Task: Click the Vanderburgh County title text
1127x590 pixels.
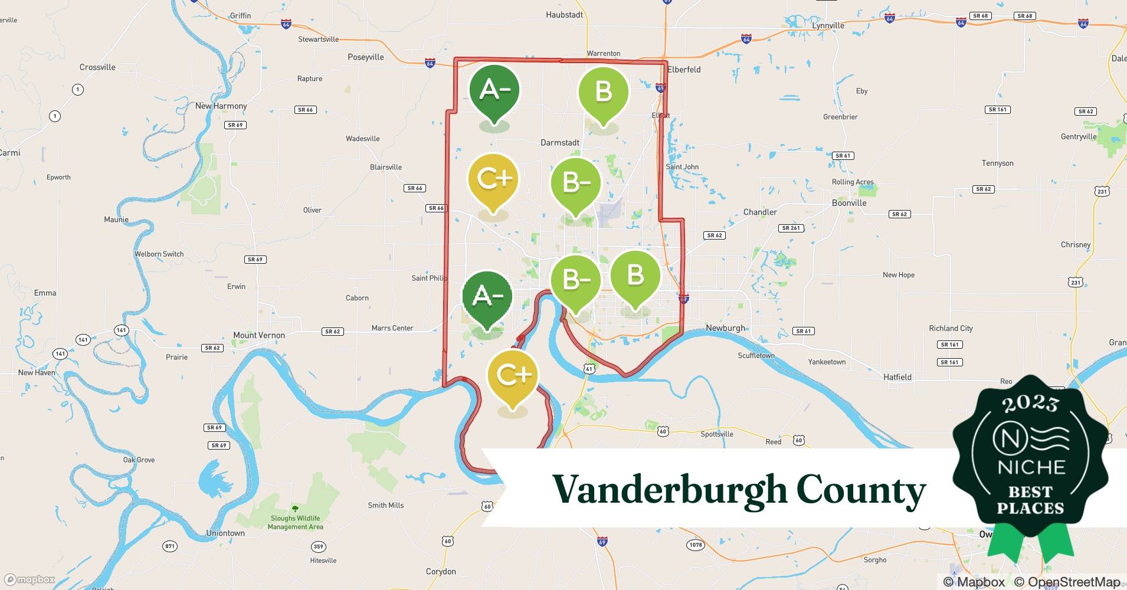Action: tap(739, 490)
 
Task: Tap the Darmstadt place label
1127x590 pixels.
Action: tap(560, 143)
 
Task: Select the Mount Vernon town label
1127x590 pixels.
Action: tap(259, 335)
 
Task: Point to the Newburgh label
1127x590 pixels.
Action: tap(726, 328)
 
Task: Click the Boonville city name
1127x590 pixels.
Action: tap(849, 203)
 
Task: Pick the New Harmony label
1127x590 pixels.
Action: tap(221, 106)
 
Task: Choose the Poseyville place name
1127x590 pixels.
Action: tap(366, 57)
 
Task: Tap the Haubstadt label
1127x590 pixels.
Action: tap(565, 15)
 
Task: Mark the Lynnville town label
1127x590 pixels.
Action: tap(828, 25)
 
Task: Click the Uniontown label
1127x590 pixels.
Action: tap(225, 533)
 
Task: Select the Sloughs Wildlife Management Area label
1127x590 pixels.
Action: tap(296, 523)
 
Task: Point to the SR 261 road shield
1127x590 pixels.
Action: tap(791, 228)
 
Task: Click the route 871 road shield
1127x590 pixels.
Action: tap(170, 546)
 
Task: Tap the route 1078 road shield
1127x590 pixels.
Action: tap(696, 545)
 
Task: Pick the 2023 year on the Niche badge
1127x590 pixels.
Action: tap(1030, 403)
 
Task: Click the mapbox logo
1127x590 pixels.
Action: tap(30, 579)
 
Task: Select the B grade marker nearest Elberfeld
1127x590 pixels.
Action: tap(603, 93)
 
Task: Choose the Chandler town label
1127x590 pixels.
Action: tap(760, 212)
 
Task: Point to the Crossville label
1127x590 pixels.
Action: tap(97, 67)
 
